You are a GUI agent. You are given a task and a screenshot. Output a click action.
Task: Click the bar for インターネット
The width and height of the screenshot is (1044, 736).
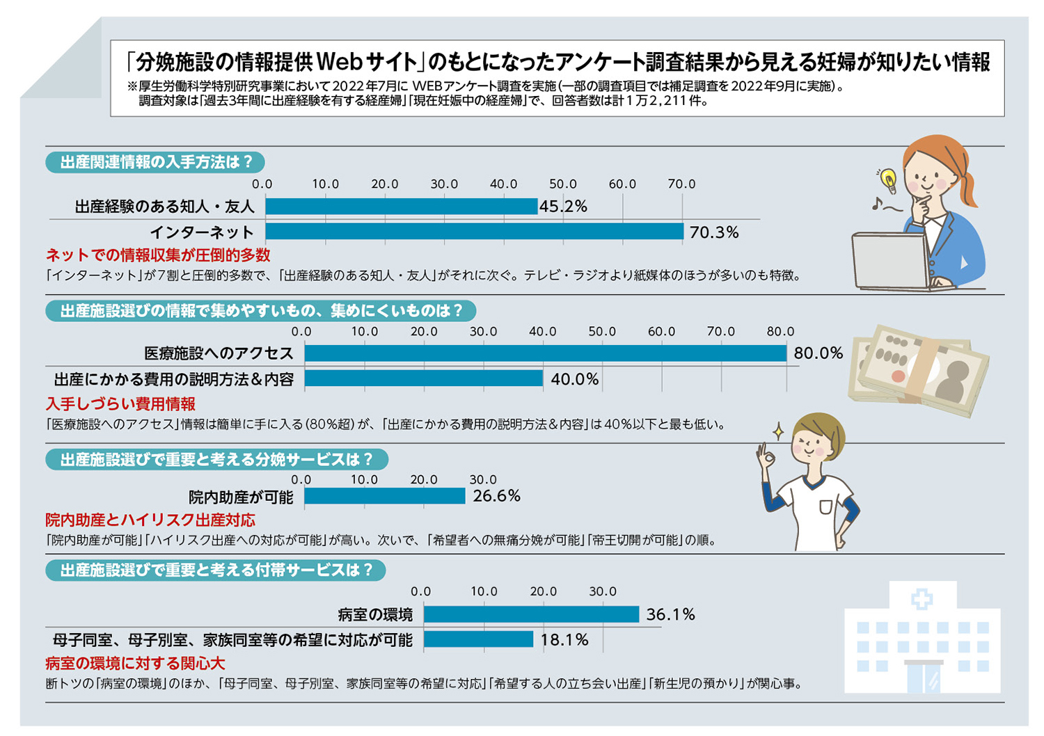[x=474, y=232]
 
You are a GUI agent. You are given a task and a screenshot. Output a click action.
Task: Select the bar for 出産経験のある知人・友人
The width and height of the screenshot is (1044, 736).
[x=401, y=206]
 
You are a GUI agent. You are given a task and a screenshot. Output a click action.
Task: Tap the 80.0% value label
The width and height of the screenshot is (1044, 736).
[x=818, y=353]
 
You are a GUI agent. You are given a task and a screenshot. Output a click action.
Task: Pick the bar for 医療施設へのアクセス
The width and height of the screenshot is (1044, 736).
[x=545, y=353]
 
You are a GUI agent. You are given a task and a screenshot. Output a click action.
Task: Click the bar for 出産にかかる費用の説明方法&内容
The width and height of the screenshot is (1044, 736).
[x=423, y=378]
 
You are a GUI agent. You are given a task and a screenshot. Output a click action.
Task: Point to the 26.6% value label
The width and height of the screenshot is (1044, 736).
[x=496, y=496]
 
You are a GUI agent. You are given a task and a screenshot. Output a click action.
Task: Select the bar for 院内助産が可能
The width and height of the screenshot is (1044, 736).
[x=384, y=496]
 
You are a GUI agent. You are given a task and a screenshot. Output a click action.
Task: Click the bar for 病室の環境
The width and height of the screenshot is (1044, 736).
[x=531, y=614]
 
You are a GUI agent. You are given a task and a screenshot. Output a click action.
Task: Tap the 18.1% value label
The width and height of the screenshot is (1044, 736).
[x=564, y=640]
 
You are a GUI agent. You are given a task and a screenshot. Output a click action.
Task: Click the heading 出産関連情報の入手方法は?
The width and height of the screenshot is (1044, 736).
[x=155, y=163]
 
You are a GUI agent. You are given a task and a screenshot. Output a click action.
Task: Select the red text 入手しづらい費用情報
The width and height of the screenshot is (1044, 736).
[x=120, y=404]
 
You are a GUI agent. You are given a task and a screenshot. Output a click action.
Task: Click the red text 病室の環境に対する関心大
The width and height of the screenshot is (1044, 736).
[x=135, y=663]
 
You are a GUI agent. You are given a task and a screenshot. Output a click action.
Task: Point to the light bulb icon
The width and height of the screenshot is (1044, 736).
[x=888, y=179]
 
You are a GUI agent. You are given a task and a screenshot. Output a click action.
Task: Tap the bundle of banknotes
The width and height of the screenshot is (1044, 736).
[x=918, y=371]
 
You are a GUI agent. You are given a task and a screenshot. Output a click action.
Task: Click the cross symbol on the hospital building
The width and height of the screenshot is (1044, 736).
[x=922, y=599]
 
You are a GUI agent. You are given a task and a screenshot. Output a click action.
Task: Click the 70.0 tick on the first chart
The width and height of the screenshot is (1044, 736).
[x=681, y=184]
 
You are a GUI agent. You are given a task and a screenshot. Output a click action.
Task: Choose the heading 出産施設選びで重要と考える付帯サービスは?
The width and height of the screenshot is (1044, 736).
[x=216, y=570]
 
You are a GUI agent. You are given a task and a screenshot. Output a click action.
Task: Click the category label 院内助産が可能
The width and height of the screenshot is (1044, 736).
[x=241, y=497]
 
